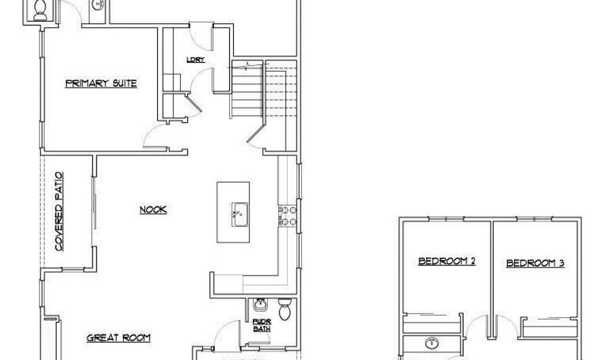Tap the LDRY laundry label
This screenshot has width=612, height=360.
pos(196,60)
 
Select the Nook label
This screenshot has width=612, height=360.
pos(153,210)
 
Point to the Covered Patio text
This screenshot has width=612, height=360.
pos(59,212)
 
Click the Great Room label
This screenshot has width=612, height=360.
pos(118,338)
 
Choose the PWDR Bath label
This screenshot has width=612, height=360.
pos(261,325)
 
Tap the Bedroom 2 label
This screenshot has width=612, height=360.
pos(446,261)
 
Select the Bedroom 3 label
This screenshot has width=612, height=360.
pos(535,263)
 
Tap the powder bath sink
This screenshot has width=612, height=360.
pos(259,305)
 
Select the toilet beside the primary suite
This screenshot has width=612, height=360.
pos(40,9)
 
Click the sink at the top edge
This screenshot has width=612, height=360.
pos(97,6)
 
